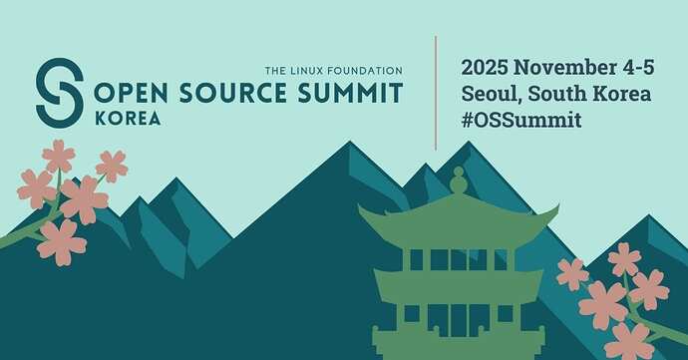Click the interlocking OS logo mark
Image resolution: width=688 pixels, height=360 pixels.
60,93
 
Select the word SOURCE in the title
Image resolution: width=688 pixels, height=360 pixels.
232,93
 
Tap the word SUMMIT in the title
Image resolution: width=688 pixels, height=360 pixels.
350,93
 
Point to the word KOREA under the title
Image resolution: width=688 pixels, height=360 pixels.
128,118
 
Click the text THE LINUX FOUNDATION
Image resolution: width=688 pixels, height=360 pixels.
333,70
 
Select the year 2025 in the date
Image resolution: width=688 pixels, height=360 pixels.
485,68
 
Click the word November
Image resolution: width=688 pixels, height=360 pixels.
564,68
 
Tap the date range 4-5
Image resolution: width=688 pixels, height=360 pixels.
637,68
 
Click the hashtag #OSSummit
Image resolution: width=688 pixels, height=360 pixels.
521,120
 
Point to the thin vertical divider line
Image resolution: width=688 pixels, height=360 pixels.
436,93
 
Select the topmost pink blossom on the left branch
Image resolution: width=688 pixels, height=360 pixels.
59,156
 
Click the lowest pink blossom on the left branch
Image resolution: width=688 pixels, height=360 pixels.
62,242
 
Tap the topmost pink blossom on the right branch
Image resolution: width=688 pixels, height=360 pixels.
624,259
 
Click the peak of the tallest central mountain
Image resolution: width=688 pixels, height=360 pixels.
350,142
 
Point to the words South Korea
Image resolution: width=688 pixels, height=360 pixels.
589,94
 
